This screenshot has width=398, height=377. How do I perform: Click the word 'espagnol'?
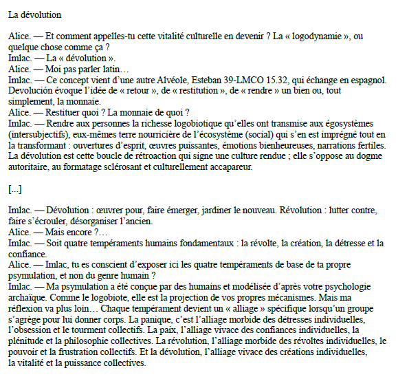click(x=364, y=80)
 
